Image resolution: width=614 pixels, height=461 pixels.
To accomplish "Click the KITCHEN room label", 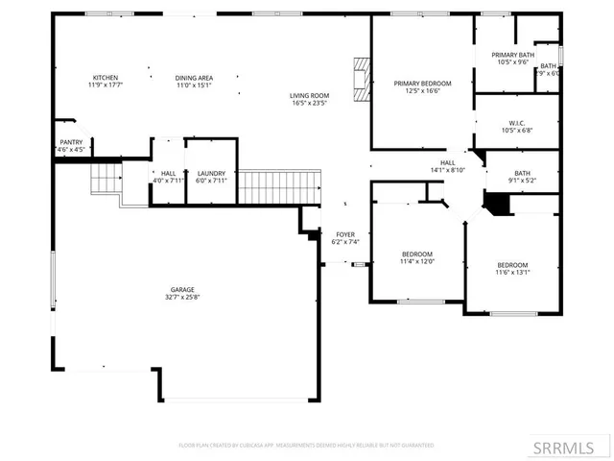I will click(x=106, y=77).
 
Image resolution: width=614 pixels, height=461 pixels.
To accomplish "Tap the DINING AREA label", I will click(x=194, y=77).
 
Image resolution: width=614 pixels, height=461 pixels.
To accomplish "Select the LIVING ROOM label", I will click(x=310, y=95).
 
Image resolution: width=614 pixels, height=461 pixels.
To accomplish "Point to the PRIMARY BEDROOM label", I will click(x=422, y=84).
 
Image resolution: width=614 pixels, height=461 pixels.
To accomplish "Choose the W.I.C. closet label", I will click(x=515, y=123).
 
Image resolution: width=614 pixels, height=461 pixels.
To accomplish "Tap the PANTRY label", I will click(x=71, y=142).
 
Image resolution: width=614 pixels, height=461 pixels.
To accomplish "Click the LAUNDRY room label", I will click(x=211, y=173).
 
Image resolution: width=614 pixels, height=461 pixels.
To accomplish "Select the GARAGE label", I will click(x=182, y=289).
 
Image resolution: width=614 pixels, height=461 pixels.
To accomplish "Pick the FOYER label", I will click(x=345, y=234).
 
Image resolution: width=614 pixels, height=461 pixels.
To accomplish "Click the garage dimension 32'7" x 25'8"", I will click(x=182, y=297).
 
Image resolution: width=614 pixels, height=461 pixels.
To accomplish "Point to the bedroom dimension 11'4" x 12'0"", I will click(x=417, y=261).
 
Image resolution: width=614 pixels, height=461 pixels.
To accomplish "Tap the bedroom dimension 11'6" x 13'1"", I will click(x=512, y=272).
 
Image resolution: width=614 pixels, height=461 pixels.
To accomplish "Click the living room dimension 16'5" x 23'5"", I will click(x=310, y=103).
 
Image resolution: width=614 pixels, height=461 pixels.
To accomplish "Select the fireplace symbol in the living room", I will click(x=361, y=80).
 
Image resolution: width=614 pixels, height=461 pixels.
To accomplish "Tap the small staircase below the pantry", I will click(x=106, y=180).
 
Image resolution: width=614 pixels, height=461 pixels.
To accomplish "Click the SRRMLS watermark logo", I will click(x=571, y=447).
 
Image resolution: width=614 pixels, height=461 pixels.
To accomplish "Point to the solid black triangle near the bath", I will click(x=497, y=204).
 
